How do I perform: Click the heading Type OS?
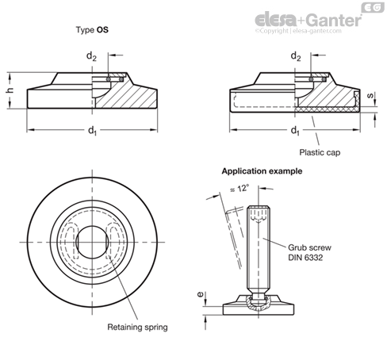pyautogui.click(x=92, y=29)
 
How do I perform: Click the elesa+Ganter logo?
pyautogui.click(x=308, y=20)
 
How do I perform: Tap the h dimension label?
pyautogui.click(x=10, y=90)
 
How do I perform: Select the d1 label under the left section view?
pyautogui.click(x=92, y=130)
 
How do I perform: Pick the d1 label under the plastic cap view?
pyautogui.click(x=295, y=130)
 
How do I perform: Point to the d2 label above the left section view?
pyautogui.click(x=91, y=56)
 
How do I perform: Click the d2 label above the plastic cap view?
pyautogui.click(x=296, y=56)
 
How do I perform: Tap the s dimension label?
pyautogui.click(x=370, y=96)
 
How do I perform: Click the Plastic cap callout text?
pyautogui.click(x=320, y=152)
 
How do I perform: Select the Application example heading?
pyautogui.click(x=262, y=171)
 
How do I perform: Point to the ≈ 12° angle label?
pyautogui.click(x=239, y=189)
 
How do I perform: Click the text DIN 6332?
pyautogui.click(x=305, y=258)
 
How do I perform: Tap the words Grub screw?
pyautogui.click(x=309, y=247)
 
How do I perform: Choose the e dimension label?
pyautogui.click(x=201, y=294)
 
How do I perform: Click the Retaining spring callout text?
pyautogui.click(x=137, y=327)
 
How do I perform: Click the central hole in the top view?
pyautogui.click(x=92, y=242)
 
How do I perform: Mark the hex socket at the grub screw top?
pyautogui.click(x=259, y=214)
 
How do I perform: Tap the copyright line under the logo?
pyautogui.click(x=298, y=31)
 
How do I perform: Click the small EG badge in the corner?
pyautogui.click(x=373, y=7)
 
